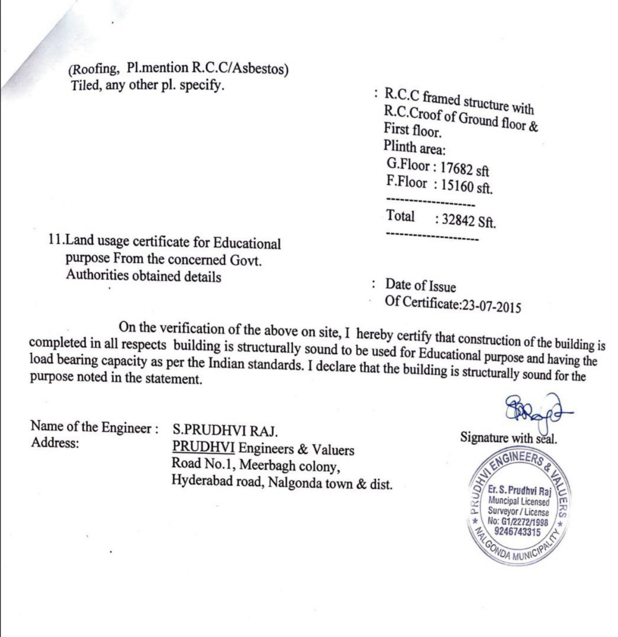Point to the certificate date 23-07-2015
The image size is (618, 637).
pyautogui.click(x=492, y=305)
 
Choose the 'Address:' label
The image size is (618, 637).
pyautogui.click(x=55, y=443)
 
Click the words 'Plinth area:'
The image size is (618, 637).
pyautogui.click(x=414, y=148)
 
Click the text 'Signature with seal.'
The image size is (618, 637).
pyautogui.click(x=508, y=439)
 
